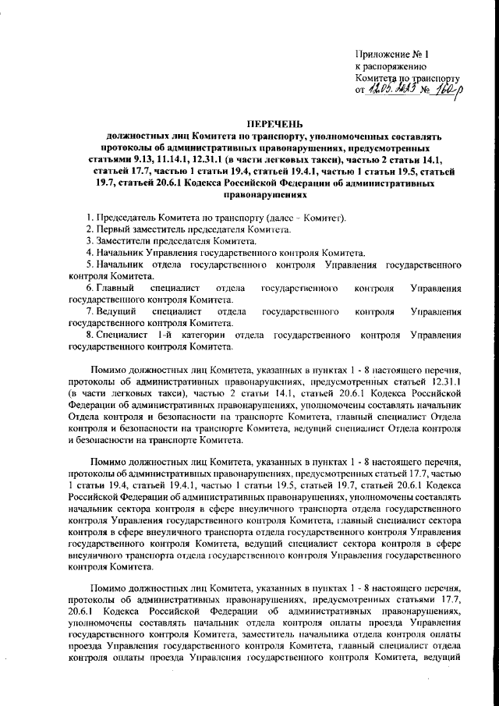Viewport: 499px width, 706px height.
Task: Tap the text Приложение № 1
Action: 392,55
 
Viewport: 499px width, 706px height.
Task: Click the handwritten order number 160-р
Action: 444,90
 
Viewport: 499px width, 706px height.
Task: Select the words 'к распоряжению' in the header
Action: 389,67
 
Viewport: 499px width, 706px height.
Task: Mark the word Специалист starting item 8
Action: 122,335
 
